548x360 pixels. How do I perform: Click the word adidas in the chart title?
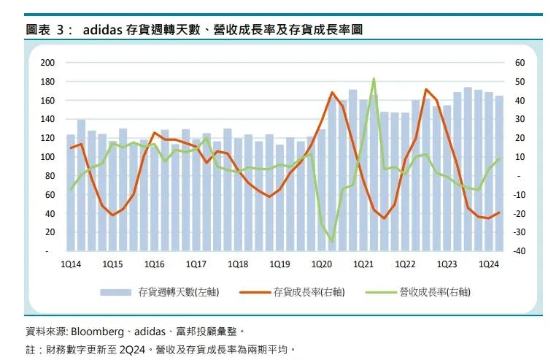102,30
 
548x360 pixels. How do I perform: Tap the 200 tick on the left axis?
47,63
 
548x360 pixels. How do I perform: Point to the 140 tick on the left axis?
47,119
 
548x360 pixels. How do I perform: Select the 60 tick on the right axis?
520,63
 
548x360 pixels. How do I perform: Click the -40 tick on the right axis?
519,251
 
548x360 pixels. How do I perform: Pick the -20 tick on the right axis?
519,213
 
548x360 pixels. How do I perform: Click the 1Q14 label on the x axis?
71,264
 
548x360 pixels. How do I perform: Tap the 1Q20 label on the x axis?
322,264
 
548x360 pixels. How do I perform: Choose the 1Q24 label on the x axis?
489,264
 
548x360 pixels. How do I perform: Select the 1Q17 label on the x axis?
196,264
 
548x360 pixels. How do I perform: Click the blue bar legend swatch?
116,292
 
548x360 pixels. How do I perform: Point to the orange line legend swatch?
255,292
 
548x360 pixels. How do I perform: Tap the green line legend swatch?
381,292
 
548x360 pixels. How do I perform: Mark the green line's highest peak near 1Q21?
374,79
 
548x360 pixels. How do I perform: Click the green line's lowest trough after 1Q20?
332,241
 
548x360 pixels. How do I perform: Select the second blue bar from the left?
81,185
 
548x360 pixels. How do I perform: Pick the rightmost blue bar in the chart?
499,174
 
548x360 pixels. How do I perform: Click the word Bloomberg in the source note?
98,332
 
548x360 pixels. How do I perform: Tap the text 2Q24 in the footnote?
132,350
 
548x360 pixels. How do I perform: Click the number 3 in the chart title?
60,30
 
